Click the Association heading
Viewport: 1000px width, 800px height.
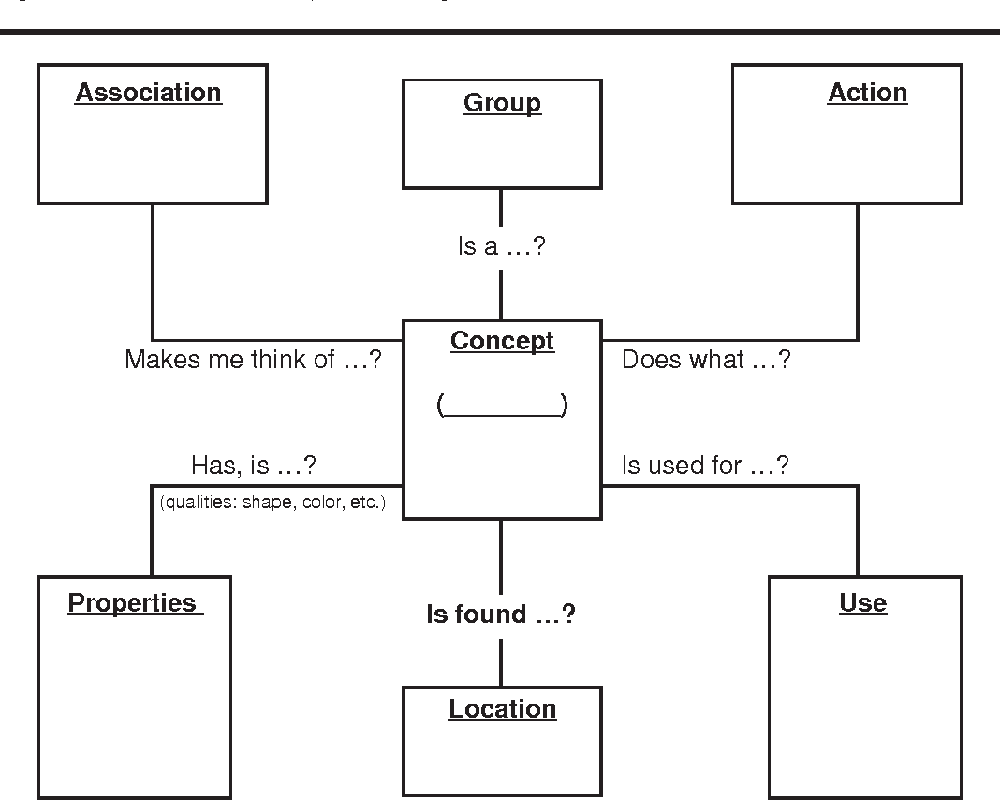click(x=148, y=93)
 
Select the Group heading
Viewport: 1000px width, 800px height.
click(x=502, y=103)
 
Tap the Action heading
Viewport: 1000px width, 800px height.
click(x=867, y=93)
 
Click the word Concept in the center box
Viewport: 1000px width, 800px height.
click(x=502, y=341)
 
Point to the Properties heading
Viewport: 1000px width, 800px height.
click(x=134, y=602)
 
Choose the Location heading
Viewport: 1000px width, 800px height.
click(x=502, y=709)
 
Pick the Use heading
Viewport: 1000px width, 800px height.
click(x=862, y=602)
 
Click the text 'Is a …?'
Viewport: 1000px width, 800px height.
click(x=501, y=247)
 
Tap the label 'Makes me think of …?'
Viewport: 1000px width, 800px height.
click(x=253, y=360)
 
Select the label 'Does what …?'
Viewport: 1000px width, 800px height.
click(x=706, y=360)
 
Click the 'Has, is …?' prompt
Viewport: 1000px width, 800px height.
click(x=253, y=465)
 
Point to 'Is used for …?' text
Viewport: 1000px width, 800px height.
click(x=705, y=465)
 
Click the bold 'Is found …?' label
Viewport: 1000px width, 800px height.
click(x=501, y=615)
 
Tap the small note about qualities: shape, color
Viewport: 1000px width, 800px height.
click(x=272, y=502)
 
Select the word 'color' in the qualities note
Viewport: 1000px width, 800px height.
click(x=322, y=502)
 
